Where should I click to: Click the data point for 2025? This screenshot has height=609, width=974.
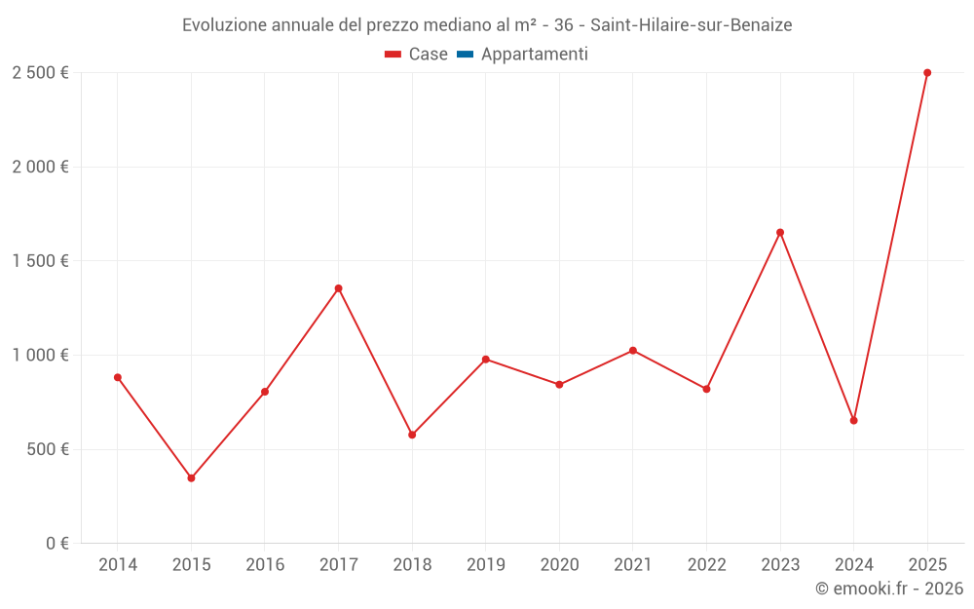point(927,73)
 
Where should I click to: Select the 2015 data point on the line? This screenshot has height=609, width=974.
point(191,478)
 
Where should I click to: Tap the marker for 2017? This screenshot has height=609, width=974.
point(338,288)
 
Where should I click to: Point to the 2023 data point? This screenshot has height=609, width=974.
point(780,233)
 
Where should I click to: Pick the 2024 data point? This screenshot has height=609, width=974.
point(853,421)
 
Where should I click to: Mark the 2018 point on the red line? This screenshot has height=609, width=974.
point(412,435)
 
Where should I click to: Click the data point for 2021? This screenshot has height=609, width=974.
point(633,351)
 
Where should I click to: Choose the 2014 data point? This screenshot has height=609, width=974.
point(118,377)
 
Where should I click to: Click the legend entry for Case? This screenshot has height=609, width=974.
point(416,55)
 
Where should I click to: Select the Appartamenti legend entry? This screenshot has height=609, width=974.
point(523,55)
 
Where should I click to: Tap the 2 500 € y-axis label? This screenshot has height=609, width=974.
point(40,73)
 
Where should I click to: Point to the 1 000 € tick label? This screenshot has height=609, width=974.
point(40,356)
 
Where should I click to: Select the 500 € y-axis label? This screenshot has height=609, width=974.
point(46,449)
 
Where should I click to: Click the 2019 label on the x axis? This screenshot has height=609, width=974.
point(486,565)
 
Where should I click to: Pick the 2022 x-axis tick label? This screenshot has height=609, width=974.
point(706,565)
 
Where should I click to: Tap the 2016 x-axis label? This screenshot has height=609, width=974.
point(265,565)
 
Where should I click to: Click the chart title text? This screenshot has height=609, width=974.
point(487,24)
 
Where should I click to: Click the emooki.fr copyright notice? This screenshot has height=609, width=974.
point(888,589)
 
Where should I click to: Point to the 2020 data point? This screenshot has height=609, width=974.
point(559,385)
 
